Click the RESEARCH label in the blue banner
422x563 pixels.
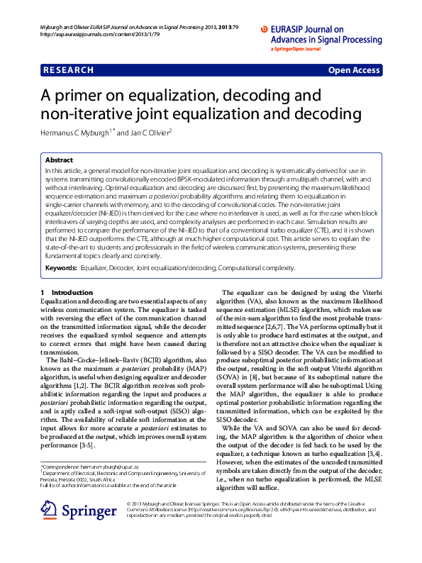[x=68, y=70]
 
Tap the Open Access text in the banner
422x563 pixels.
[x=353, y=70]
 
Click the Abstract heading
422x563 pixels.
[x=59, y=160]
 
